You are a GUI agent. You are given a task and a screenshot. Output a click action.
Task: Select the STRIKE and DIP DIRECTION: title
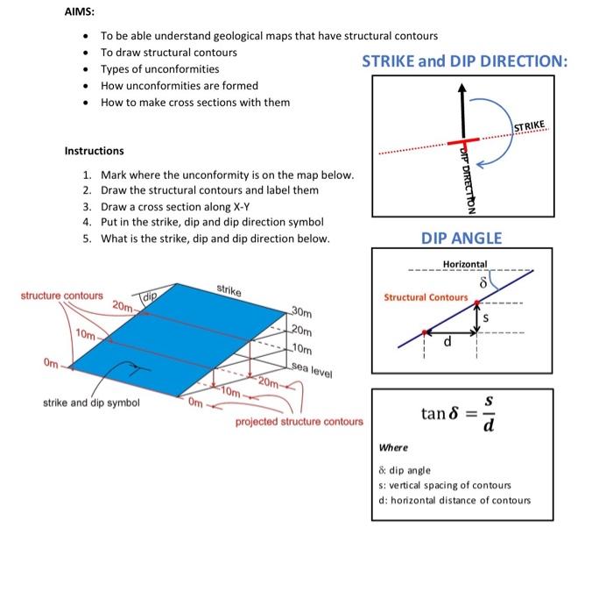point(464,61)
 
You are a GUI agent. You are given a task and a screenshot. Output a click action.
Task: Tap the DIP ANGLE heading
point(462,238)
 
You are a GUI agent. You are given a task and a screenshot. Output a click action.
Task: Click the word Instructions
point(94,151)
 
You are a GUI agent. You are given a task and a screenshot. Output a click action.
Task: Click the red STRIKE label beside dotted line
point(529,128)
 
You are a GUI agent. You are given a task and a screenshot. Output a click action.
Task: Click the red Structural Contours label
point(426,297)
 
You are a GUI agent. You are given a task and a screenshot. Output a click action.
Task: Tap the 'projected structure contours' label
point(299,422)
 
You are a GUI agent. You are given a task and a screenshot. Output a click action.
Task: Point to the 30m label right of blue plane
point(300,312)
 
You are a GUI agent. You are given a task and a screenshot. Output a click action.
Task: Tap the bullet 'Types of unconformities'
point(159,69)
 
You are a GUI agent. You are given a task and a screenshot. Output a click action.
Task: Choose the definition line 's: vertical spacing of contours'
point(445,485)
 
